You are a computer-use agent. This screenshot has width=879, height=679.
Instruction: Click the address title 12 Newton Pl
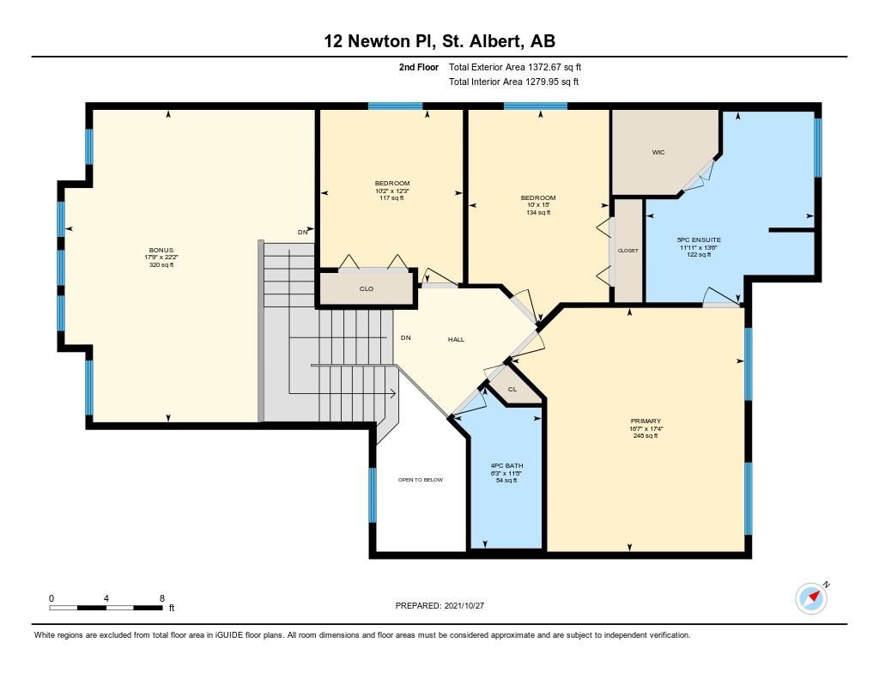click(379, 41)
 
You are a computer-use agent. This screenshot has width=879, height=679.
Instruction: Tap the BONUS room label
click(161, 250)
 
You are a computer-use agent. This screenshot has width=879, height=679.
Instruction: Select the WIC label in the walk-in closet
click(658, 153)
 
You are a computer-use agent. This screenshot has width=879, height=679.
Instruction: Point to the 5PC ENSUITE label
click(699, 240)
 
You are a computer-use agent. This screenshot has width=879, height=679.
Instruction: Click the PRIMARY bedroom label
click(646, 421)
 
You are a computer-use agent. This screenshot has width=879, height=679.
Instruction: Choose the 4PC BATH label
click(506, 466)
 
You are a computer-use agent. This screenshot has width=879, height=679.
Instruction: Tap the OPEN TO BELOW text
click(421, 480)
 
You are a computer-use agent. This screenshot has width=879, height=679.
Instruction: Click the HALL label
click(457, 340)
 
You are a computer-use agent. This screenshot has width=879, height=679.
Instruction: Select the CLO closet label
click(367, 288)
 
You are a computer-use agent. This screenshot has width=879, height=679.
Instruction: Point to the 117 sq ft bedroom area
click(391, 198)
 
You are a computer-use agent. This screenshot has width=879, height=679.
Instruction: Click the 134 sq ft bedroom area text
click(538, 213)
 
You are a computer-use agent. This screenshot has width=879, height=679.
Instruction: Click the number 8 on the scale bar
click(162, 598)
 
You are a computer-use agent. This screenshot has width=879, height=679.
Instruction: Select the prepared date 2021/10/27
click(464, 605)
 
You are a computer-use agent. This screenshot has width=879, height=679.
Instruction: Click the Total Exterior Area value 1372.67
click(544, 67)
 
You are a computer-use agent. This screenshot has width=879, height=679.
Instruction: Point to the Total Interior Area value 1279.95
click(543, 82)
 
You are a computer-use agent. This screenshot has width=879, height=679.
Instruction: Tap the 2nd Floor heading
click(419, 67)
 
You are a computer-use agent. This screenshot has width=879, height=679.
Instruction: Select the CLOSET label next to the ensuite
click(627, 251)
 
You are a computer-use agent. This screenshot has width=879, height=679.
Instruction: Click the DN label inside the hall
click(406, 338)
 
